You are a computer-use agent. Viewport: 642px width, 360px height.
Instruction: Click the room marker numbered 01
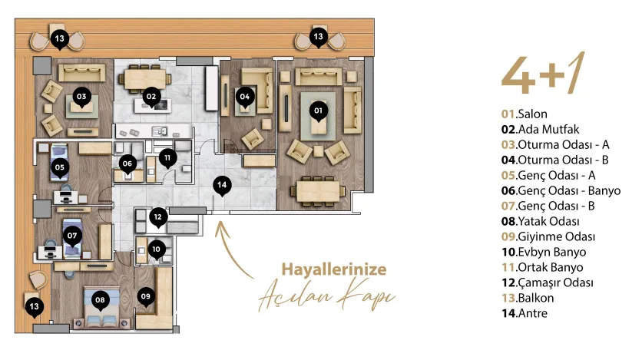318,111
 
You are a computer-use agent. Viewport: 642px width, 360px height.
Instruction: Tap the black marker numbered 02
151,97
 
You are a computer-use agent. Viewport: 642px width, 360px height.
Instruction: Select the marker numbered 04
245,97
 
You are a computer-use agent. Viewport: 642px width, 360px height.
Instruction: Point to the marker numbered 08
100,300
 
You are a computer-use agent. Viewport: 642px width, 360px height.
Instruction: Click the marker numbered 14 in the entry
222,185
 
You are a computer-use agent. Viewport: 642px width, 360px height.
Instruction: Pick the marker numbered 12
158,218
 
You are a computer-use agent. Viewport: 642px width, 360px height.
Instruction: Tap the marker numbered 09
146,296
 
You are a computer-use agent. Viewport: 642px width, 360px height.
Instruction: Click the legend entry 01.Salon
524,114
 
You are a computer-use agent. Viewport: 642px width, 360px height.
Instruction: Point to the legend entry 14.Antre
524,313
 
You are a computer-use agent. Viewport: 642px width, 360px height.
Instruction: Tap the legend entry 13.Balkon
528,298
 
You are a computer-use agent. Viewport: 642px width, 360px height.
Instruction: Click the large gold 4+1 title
543,74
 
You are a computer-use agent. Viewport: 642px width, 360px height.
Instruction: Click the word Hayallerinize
334,269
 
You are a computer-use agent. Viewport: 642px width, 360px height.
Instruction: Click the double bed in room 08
101,308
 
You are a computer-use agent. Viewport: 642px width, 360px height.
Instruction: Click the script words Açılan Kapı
326,296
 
